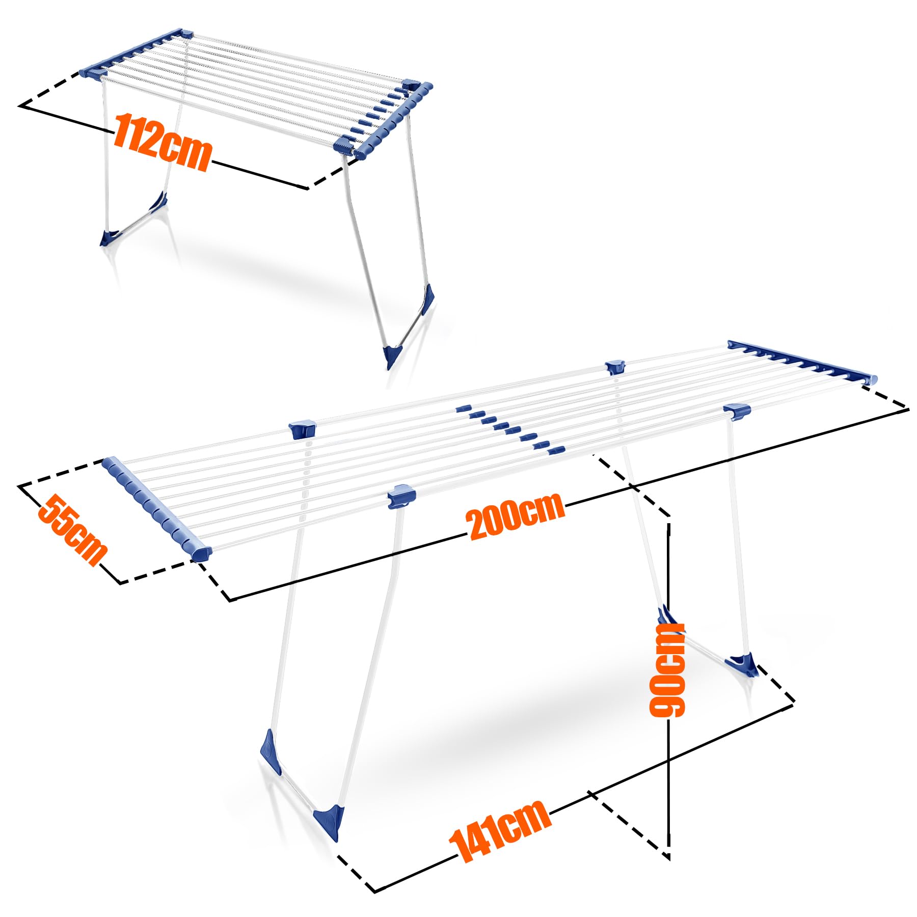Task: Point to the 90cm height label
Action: tap(667, 670)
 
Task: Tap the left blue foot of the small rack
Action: tap(110, 237)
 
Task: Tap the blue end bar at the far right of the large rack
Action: tap(802, 362)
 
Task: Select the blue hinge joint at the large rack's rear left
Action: tap(302, 430)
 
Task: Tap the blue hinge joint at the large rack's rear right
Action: tap(615, 367)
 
